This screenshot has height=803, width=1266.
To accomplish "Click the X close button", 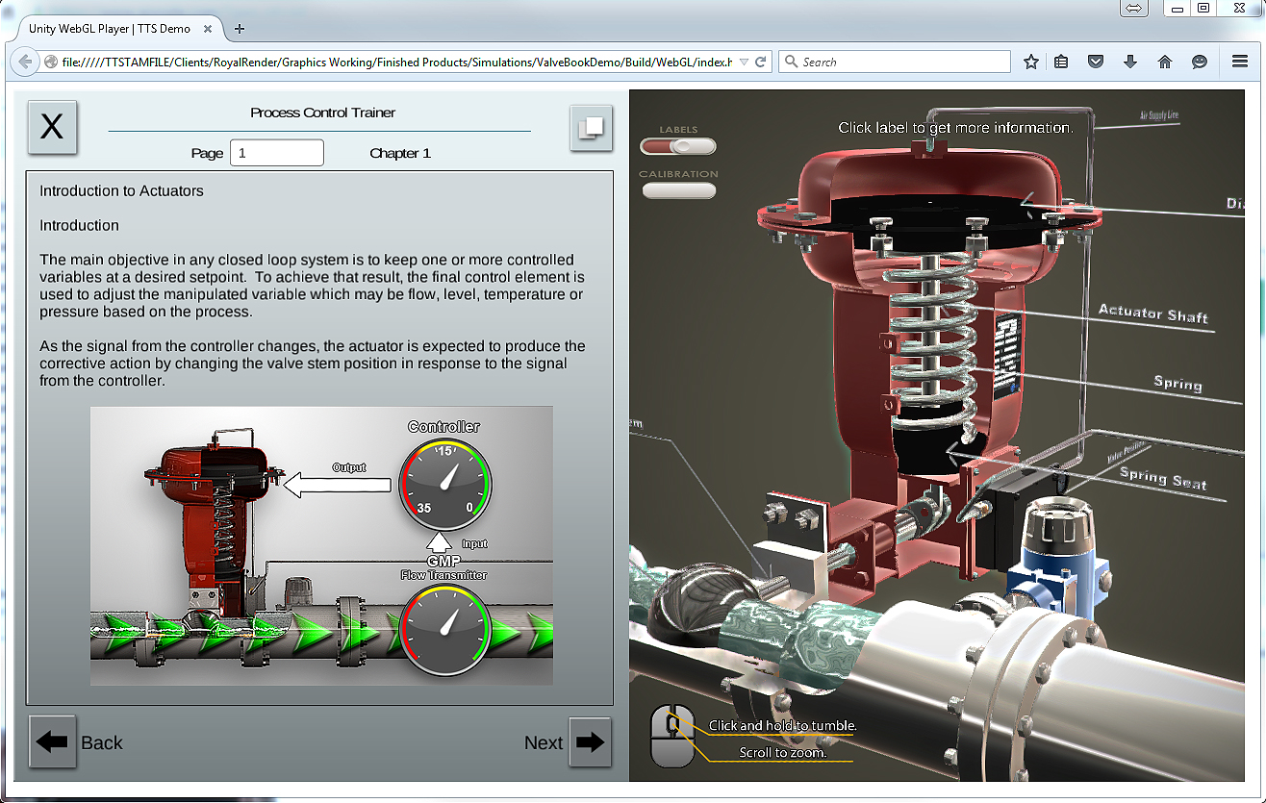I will pos(52,127).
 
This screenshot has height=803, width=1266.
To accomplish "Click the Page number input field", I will pos(277,153).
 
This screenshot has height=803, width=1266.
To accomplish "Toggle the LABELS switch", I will pos(678,146).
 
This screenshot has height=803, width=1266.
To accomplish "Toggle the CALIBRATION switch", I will pos(678,190).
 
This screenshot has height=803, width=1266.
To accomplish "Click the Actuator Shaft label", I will pos(1152,314).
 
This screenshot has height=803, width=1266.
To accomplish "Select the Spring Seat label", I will pos(1162,477).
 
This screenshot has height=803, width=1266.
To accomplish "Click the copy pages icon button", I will pos(591,127).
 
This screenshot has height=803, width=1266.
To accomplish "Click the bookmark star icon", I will pos(1031,62).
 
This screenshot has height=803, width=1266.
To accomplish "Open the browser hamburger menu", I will pos(1240,62).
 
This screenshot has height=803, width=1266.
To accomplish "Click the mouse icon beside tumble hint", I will pos(672,736).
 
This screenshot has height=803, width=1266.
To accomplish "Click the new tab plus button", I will pos(240,28).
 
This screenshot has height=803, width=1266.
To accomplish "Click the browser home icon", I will pos(1165,62).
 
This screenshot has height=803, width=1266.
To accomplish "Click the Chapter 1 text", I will pos(400,153).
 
